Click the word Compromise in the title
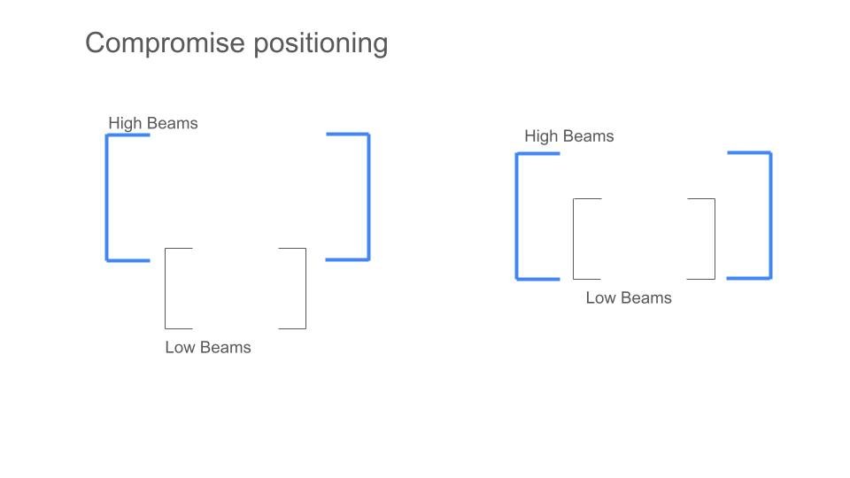(x=166, y=43)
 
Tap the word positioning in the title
(x=321, y=43)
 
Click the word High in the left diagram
(x=125, y=124)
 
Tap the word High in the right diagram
(x=541, y=136)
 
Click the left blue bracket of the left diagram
(x=107, y=197)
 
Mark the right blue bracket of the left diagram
(x=368, y=197)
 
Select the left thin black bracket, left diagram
(x=166, y=289)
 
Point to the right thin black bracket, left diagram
(x=305, y=289)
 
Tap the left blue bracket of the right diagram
(x=517, y=217)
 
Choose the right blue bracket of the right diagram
(x=770, y=215)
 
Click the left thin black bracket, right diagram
(x=574, y=239)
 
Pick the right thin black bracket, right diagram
(x=715, y=239)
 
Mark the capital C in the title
(x=97, y=42)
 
